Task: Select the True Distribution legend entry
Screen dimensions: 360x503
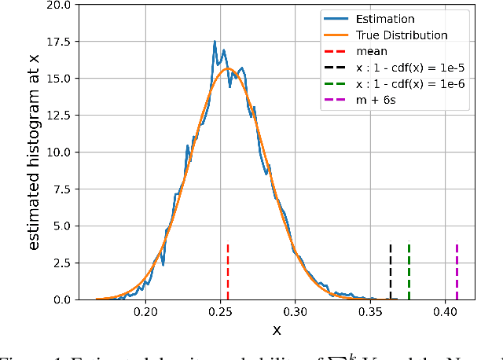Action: [402, 35]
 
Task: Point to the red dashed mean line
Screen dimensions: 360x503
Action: [227, 271]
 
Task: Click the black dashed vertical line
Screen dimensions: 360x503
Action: [391, 271]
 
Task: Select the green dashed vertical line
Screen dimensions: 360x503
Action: [409, 271]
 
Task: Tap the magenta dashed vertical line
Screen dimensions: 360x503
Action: [457, 271]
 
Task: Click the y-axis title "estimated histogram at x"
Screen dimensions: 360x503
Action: [35, 152]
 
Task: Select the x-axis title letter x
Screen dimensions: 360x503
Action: [277, 331]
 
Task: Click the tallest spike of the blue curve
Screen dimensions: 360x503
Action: [215, 42]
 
